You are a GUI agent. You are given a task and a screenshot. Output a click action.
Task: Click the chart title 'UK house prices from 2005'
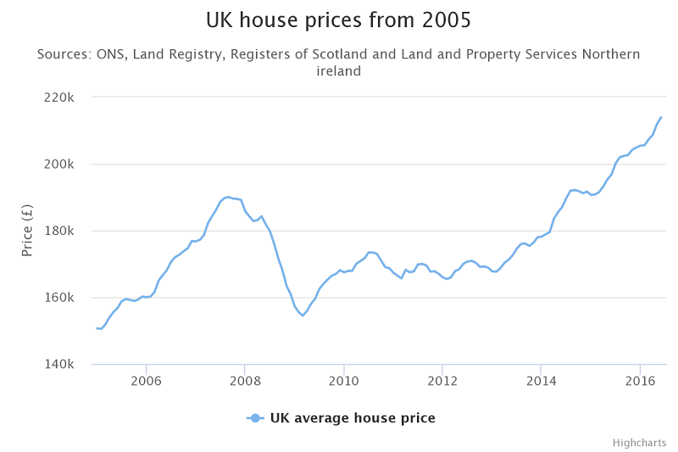[x=339, y=19]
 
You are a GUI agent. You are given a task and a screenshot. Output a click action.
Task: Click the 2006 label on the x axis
[x=146, y=382]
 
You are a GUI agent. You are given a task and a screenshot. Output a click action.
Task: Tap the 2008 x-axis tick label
[x=244, y=382]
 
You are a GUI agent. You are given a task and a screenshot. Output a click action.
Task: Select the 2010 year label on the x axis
[x=343, y=382]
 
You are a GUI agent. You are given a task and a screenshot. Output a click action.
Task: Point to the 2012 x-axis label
[x=442, y=382]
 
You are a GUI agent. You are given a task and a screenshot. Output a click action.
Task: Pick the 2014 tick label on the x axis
[x=541, y=382]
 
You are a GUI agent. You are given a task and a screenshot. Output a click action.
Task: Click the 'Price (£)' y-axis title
[x=27, y=232]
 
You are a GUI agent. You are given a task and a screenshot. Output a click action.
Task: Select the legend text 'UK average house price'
[x=353, y=418]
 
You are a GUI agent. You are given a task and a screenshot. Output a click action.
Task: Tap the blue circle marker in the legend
[x=255, y=418]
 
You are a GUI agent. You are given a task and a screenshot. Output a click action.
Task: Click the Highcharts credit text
[x=639, y=443]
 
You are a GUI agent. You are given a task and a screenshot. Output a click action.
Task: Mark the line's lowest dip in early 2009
[x=302, y=315]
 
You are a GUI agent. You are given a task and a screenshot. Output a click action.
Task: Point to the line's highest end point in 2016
[x=661, y=117]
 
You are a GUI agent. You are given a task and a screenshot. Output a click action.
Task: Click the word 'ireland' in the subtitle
[x=339, y=71]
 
